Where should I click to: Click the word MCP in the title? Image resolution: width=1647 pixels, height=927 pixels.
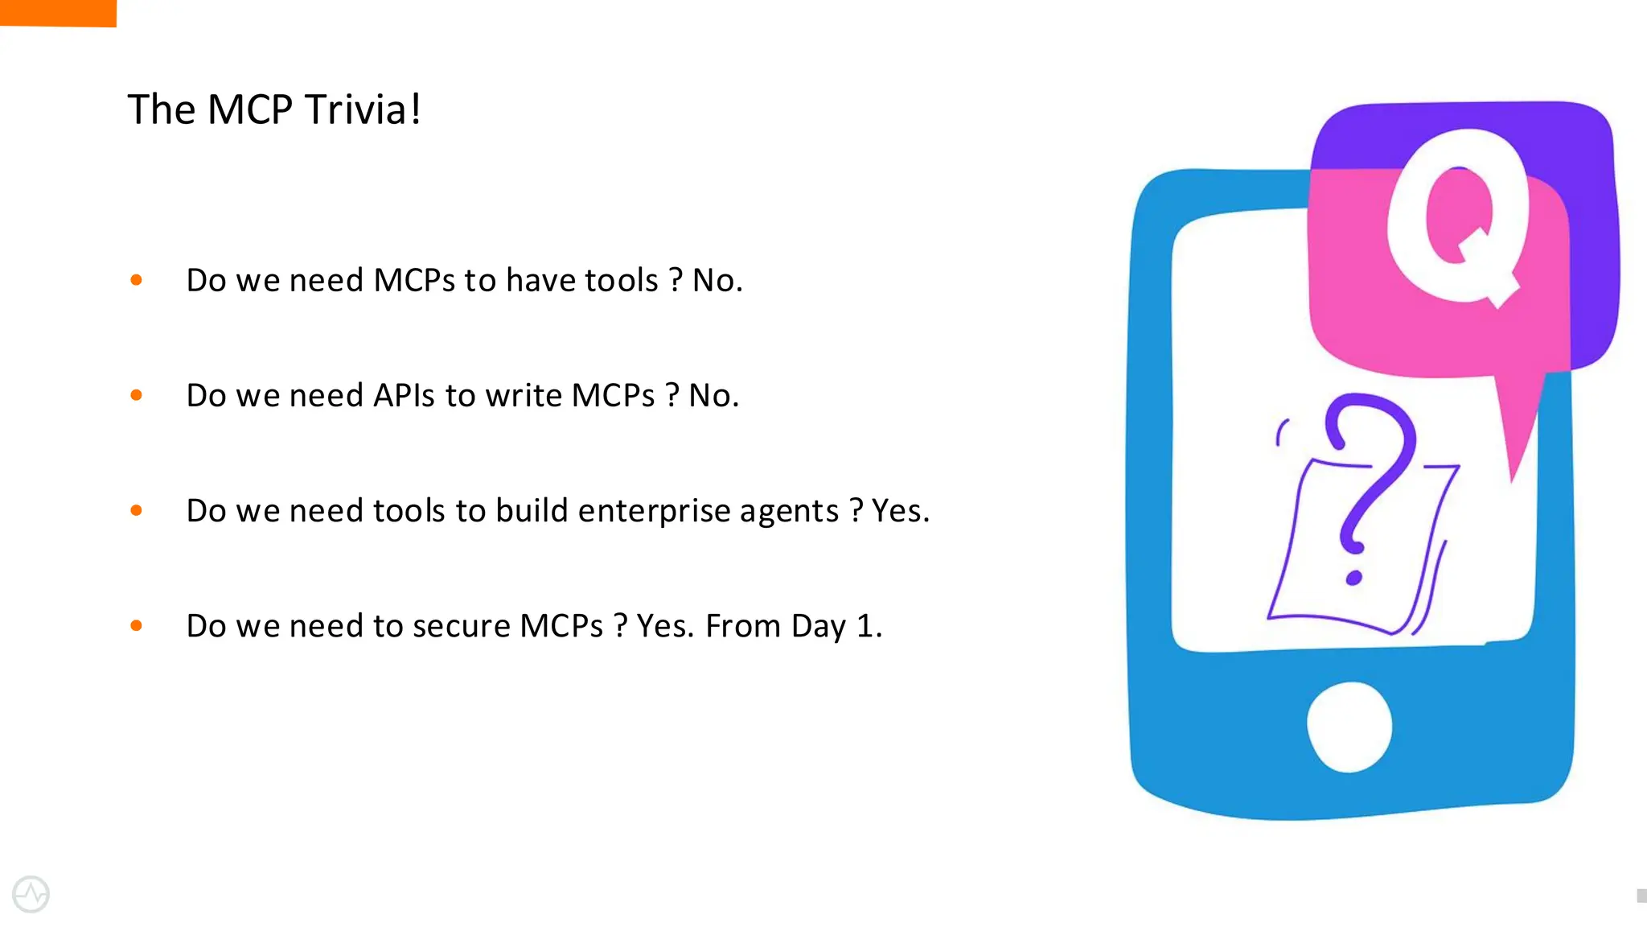(249, 109)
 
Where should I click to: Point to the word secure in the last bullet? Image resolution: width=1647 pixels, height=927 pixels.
(461, 626)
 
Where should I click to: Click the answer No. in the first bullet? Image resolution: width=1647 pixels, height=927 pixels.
(717, 280)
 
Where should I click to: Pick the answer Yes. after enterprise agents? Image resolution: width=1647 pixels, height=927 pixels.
(900, 511)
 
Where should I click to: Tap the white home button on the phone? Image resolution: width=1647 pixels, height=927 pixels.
(1349, 726)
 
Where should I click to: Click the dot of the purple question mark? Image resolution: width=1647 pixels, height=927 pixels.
(1353, 578)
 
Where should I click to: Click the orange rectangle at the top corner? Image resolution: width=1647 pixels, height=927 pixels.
(58, 12)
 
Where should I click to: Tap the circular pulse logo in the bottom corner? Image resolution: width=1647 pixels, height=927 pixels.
(31, 894)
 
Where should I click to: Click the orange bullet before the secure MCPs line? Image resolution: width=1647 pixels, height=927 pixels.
(137, 625)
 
